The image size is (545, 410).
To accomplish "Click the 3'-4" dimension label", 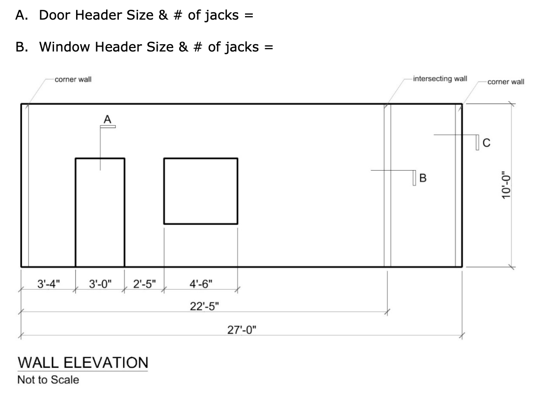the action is (48, 283).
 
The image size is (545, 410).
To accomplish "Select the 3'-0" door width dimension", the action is (101, 283).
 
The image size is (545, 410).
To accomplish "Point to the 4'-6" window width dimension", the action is (201, 283).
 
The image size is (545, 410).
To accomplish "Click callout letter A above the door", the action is (108, 119).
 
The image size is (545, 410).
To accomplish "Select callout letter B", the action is (423, 178).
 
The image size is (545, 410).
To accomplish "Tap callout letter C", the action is (487, 143).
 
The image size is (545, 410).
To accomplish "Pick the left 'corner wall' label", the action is (73, 79).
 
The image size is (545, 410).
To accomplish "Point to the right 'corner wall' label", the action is (506, 81).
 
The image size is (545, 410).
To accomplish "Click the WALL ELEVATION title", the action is (82, 363).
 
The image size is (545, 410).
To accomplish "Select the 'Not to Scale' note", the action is (48, 380).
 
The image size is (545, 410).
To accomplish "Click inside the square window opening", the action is (200, 191).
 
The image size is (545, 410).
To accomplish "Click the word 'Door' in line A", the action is (55, 15).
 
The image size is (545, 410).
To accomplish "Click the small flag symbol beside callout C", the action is (477, 142).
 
